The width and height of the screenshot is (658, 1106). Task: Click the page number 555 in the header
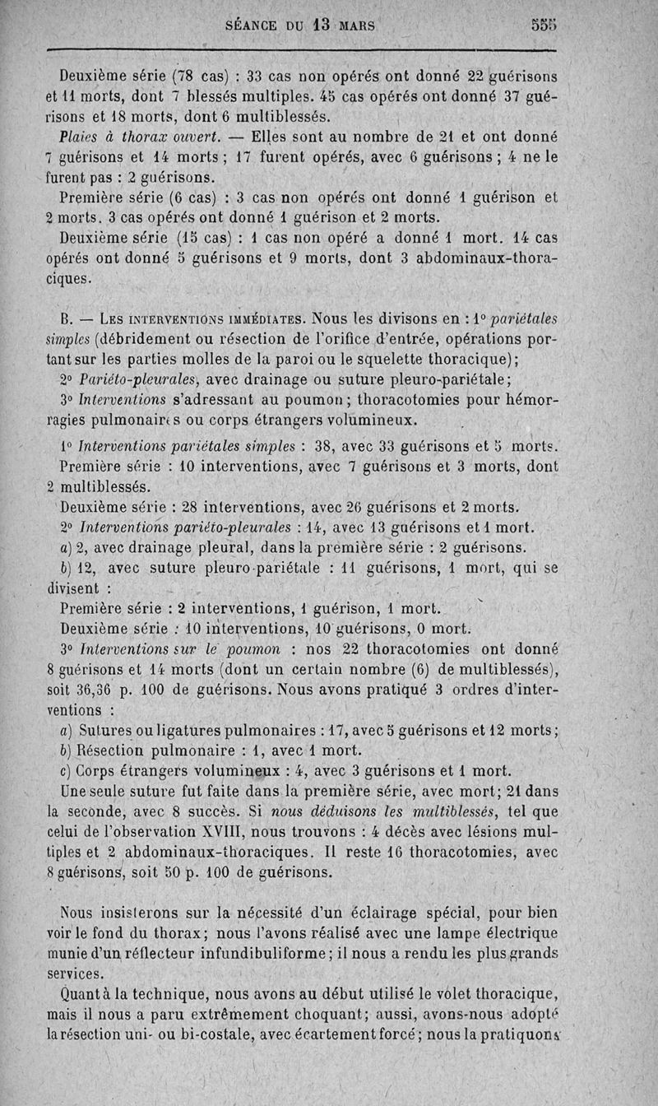click(x=544, y=25)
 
